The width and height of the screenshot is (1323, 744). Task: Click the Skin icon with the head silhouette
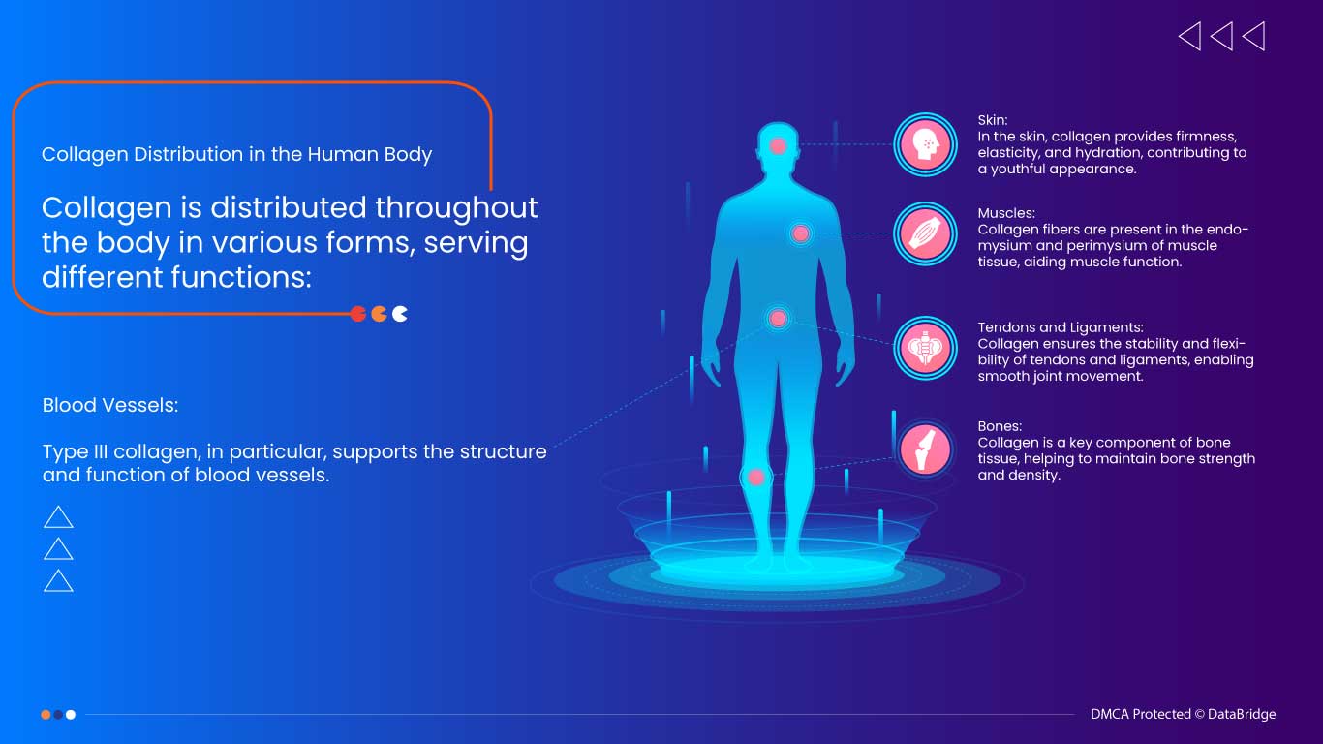(925, 145)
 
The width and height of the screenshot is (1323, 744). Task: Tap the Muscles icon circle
(925, 233)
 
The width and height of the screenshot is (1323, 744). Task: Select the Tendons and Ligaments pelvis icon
(925, 348)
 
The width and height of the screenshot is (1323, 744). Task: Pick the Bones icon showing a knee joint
(925, 449)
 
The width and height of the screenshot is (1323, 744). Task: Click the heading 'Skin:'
(993, 120)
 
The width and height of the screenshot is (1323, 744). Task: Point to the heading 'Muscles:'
(1006, 213)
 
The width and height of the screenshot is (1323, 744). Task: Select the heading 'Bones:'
(1000, 426)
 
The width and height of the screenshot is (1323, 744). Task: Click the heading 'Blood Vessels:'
(110, 406)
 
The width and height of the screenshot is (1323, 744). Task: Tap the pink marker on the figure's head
(778, 146)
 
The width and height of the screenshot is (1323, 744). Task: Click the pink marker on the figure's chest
(800, 233)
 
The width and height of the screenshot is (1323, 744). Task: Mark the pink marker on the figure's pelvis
(778, 318)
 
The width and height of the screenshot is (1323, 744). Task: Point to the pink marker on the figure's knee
(755, 477)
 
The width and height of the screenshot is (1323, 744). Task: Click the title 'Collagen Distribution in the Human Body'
(236, 154)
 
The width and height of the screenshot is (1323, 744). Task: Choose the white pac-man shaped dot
(400, 314)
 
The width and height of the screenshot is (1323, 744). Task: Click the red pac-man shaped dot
(357, 314)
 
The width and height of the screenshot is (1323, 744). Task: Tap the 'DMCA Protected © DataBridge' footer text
(1183, 714)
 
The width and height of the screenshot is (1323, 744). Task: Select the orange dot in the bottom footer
(46, 715)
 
